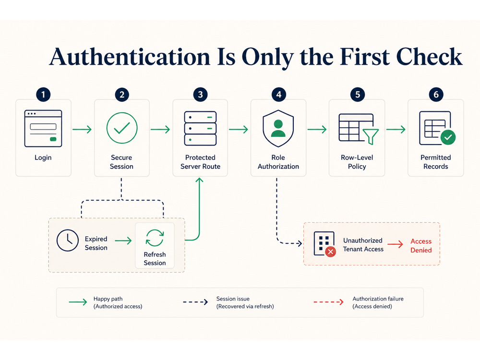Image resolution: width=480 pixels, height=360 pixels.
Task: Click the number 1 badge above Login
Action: point(43,95)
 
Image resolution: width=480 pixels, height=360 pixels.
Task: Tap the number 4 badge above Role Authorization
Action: point(278,95)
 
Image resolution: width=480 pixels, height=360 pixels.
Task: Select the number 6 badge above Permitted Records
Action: point(436,95)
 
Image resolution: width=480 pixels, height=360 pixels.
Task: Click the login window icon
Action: point(43,129)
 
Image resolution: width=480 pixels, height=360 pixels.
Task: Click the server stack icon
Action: point(200,128)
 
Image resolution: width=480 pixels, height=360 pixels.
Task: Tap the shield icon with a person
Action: point(278,129)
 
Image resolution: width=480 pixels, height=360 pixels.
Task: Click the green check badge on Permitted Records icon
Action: point(448,137)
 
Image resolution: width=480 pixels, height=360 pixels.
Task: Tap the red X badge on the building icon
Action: point(331,252)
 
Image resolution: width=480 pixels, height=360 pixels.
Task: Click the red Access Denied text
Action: point(421,245)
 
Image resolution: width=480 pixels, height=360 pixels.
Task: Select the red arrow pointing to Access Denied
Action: point(395,244)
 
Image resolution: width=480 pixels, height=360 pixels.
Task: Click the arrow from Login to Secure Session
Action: point(82,129)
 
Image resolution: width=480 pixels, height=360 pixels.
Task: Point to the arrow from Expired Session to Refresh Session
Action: point(123,240)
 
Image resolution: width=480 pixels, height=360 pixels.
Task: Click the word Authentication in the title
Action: point(130,57)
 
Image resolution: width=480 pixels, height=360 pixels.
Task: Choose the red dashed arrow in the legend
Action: point(328,302)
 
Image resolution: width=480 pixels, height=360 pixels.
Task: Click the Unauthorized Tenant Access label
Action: point(363,245)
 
